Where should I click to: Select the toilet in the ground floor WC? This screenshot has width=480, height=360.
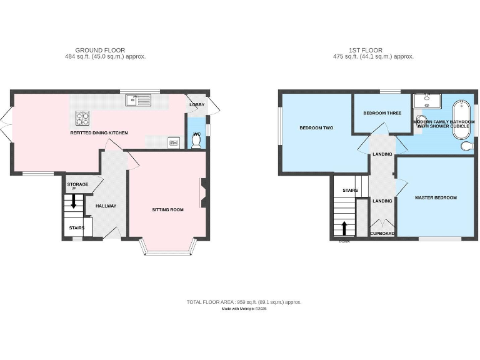click(x=197, y=142)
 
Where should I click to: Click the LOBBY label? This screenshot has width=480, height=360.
click(x=197, y=104)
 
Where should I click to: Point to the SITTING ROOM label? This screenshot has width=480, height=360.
click(x=167, y=210)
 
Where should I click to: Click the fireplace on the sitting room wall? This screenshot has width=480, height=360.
click(x=202, y=193)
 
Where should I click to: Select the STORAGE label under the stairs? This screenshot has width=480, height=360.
click(x=77, y=184)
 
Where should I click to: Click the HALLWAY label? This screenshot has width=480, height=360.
click(x=106, y=206)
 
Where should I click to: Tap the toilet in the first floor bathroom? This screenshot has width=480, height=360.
click(x=466, y=146)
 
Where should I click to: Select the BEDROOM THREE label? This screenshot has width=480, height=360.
click(x=382, y=113)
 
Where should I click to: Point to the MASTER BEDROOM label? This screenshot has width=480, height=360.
click(x=436, y=197)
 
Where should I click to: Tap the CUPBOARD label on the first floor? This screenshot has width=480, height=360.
click(x=382, y=233)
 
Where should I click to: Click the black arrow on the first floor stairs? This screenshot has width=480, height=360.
click(x=344, y=227)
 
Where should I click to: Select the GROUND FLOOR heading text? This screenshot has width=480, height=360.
click(x=100, y=50)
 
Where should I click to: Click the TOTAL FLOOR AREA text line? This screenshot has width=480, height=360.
click(x=244, y=302)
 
